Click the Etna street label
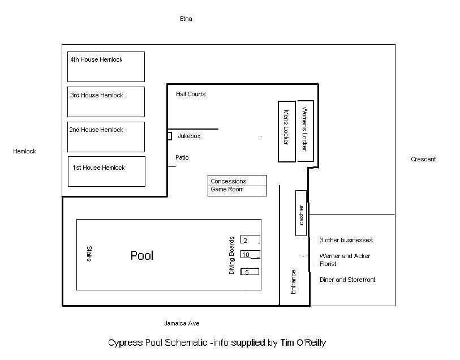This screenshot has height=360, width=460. click(x=186, y=19)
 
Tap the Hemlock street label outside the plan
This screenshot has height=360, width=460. click(x=25, y=151)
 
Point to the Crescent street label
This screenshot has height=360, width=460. click(x=423, y=159)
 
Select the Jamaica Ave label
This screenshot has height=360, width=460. click(x=182, y=323)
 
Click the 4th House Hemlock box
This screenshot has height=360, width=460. click(x=106, y=67)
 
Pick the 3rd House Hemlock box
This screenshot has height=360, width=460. click(x=106, y=102)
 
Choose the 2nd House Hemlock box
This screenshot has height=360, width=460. click(x=106, y=137)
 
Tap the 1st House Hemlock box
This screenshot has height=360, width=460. click(x=106, y=172)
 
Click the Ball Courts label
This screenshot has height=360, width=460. click(x=191, y=94)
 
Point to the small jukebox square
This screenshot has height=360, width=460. click(x=169, y=136)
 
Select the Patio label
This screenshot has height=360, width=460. click(x=182, y=157)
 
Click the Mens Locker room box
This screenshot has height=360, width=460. click(x=287, y=131)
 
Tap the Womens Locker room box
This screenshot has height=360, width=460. click(x=306, y=131)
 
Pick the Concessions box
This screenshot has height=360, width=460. click(x=237, y=181)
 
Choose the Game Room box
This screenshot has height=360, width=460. click(x=237, y=191)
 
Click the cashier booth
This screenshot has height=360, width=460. click(x=301, y=213)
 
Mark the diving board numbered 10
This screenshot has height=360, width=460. click(x=250, y=254)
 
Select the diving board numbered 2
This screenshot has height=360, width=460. click(x=250, y=239)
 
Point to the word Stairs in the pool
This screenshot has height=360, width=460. click(x=89, y=254)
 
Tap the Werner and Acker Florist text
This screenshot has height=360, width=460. click(x=345, y=260)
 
